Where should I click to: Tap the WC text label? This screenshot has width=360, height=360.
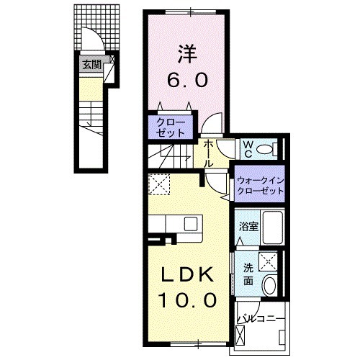pos(246,149)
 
